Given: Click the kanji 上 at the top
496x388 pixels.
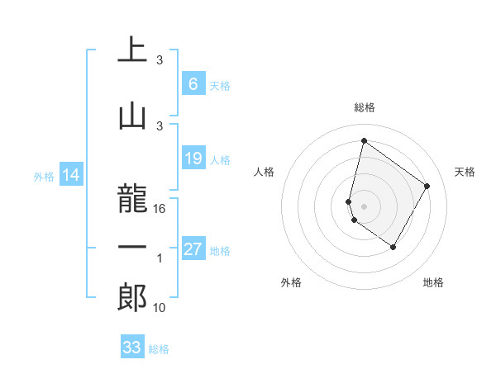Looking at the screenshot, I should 133,50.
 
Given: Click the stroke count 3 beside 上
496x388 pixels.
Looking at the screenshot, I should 160,60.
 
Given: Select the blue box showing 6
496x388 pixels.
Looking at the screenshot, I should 193,83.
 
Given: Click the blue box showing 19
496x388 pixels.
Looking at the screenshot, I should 193,159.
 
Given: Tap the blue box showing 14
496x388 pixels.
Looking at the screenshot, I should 70,176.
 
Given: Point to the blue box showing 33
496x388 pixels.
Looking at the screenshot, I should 132,348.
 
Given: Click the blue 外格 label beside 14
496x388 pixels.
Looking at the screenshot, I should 44,177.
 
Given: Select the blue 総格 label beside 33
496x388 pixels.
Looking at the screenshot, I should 159,349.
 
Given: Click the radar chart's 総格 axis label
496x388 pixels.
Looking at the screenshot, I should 364,107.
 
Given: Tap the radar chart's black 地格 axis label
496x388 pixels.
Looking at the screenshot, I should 433,282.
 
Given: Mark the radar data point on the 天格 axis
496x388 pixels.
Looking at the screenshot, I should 427,186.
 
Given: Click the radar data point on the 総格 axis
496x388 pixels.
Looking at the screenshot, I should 364,141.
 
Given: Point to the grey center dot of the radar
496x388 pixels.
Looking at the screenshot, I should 364,206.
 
